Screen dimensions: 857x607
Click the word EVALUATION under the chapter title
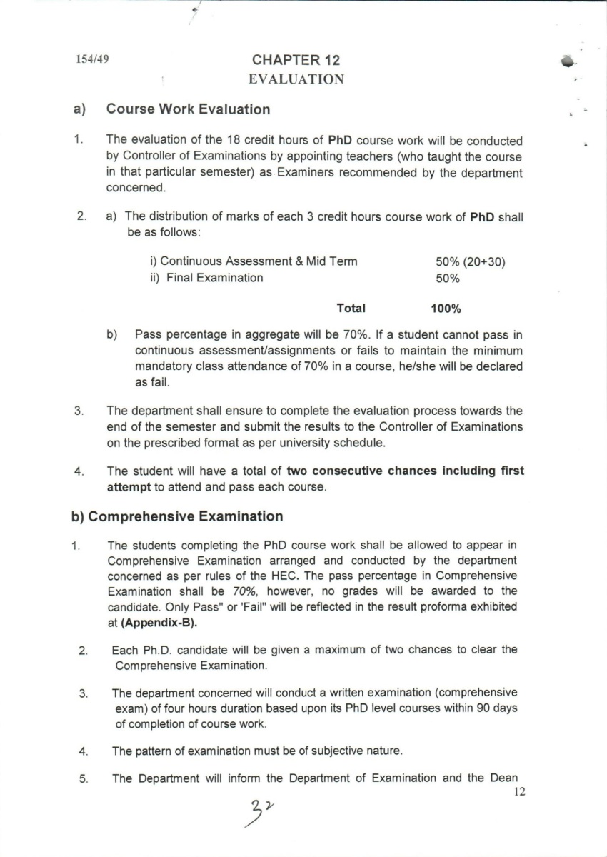pos(296,79)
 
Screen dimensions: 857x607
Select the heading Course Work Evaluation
pos(188,109)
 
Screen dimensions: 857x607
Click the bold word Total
pos(351,309)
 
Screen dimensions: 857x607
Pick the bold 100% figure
pos(446,309)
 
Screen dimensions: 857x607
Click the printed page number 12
pos(519,791)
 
